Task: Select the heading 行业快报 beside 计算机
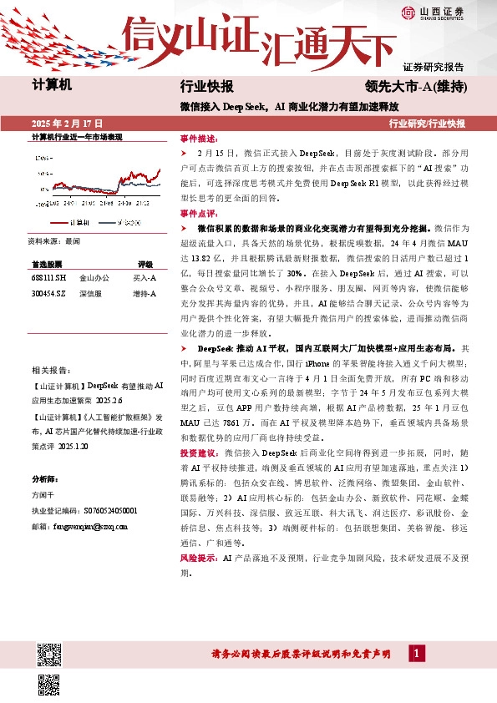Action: click(206, 86)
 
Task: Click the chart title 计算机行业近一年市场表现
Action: click(77, 136)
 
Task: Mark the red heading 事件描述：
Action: click(198, 139)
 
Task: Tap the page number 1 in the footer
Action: click(416, 653)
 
